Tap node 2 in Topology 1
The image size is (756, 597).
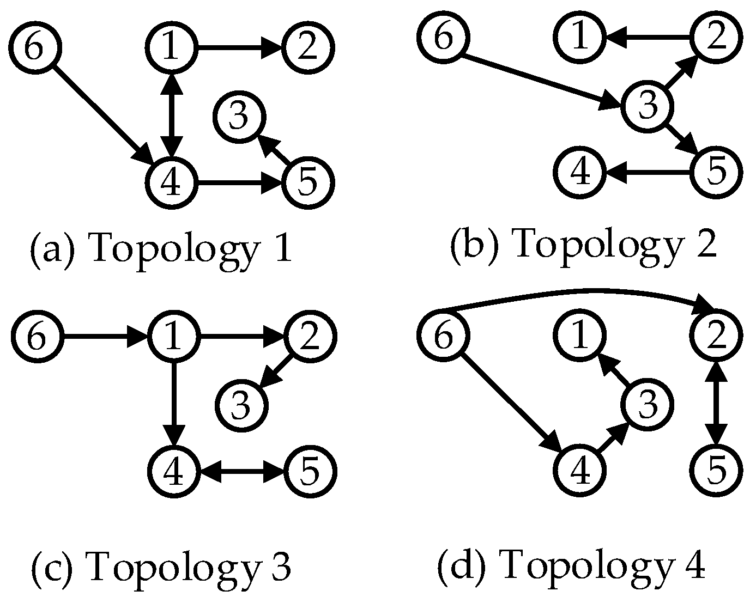pyautogui.click(x=308, y=48)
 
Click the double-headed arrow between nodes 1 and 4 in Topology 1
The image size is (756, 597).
pyautogui.click(x=172, y=115)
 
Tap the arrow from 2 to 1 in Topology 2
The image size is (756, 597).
pyautogui.click(x=649, y=38)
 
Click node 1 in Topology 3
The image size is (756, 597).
pyautogui.click(x=173, y=337)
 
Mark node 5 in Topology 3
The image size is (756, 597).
pyautogui.click(x=310, y=471)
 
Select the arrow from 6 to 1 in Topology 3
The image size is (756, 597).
pyautogui.click(x=104, y=337)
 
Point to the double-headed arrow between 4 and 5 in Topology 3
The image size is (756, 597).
pyautogui.click(x=241, y=471)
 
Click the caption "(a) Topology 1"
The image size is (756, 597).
pyautogui.click(x=161, y=250)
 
